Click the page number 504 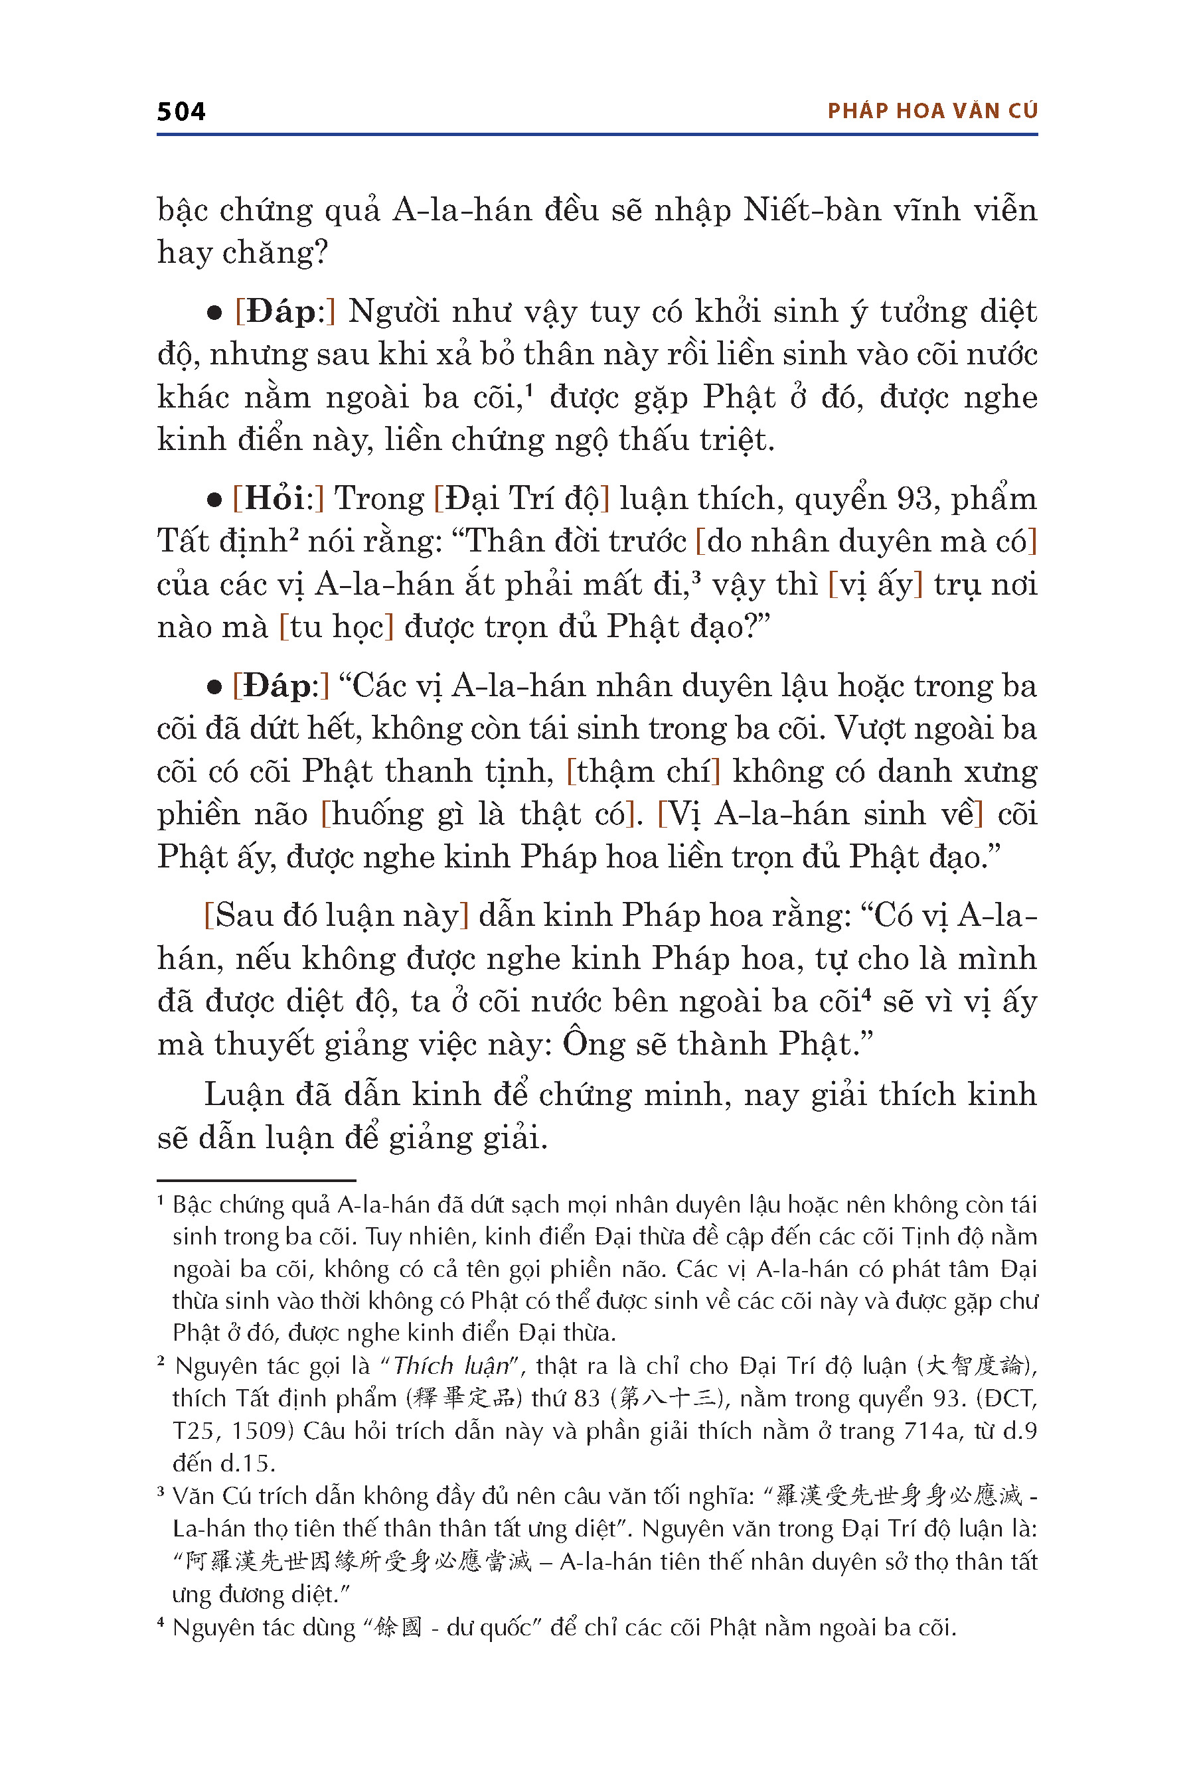[x=181, y=112]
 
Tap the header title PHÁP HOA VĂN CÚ [x=932, y=112]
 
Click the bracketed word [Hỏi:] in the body [x=278, y=498]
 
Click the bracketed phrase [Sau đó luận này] [x=336, y=915]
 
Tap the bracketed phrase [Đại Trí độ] [x=522, y=498]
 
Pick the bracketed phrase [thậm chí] [x=644, y=771]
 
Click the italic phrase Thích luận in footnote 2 [x=450, y=1365]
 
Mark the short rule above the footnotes [x=257, y=1180]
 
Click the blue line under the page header [x=597, y=135]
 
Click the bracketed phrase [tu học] [x=336, y=627]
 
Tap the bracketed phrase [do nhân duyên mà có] [x=866, y=541]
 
